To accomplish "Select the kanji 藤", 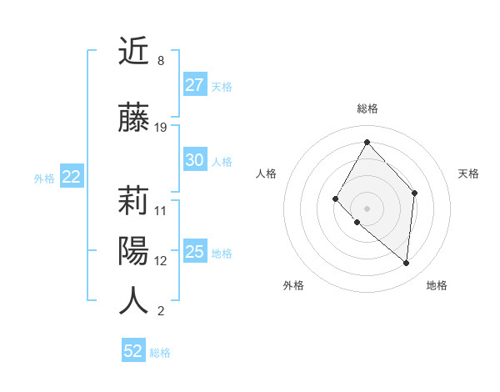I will click(x=133, y=119).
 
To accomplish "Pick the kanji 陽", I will click(x=133, y=250).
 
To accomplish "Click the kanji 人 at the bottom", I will click(x=133, y=301).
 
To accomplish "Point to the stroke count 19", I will click(x=161, y=128).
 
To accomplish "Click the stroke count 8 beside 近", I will click(x=160, y=61).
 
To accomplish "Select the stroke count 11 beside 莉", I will click(x=161, y=210).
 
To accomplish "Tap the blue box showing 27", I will click(x=195, y=85).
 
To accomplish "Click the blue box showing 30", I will click(x=195, y=161).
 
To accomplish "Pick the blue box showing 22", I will click(x=71, y=177).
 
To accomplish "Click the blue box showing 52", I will click(x=133, y=351).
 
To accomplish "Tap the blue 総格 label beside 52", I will click(x=160, y=353).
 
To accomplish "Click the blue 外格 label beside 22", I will click(x=44, y=178).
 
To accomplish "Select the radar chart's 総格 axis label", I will click(x=367, y=108).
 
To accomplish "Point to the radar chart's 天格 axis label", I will click(x=468, y=173).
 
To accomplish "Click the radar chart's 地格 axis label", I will click(x=437, y=285).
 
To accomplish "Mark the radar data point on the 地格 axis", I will click(x=407, y=264).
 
